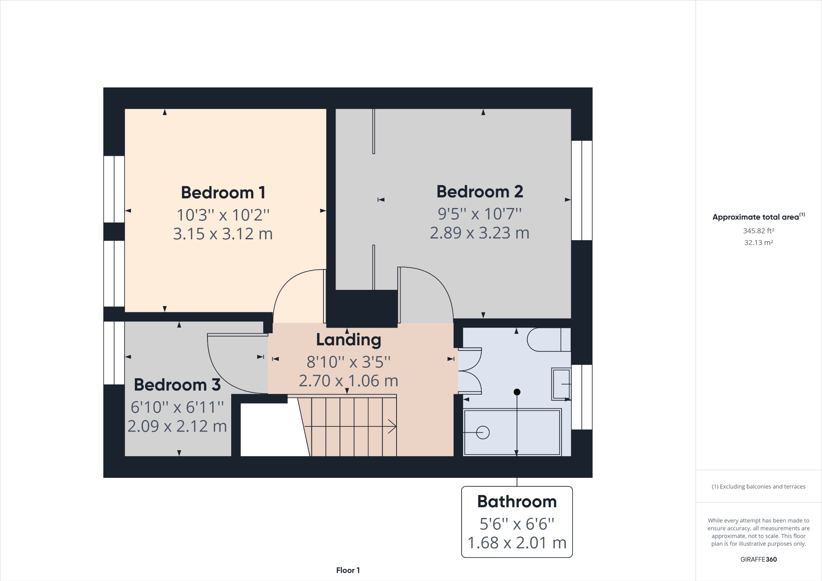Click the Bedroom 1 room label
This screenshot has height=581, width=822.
[x=223, y=193]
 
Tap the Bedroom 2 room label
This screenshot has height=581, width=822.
[x=480, y=192]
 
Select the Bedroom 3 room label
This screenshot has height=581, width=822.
[x=177, y=385]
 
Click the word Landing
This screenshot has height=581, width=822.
[x=348, y=340]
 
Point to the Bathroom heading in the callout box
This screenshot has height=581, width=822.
[x=517, y=501]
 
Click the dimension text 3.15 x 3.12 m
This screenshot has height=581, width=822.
[x=223, y=234]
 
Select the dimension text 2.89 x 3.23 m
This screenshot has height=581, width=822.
[x=480, y=233]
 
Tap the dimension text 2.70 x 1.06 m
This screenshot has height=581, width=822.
[x=348, y=381]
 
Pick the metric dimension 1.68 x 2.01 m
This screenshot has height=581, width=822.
[x=517, y=543]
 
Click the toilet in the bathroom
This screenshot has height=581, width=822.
[x=548, y=340]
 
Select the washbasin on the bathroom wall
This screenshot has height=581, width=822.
[x=561, y=384]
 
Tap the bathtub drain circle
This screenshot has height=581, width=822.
[x=483, y=432]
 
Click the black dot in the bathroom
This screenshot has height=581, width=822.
[x=517, y=392]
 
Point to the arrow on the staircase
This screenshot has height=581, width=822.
[x=392, y=426]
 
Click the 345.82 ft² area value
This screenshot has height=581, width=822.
[x=758, y=231]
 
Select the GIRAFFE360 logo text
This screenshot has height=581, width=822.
[x=758, y=559]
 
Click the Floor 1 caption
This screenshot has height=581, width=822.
[x=348, y=570]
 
